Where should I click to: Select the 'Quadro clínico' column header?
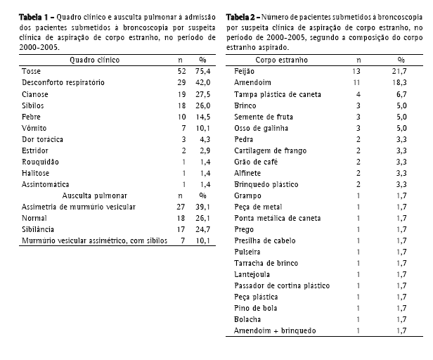93,60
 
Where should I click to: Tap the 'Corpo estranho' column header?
280,60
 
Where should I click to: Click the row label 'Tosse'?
32,72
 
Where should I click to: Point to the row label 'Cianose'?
35,94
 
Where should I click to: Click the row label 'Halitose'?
36,173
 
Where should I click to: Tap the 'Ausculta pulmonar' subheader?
93,195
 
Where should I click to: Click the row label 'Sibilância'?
39,229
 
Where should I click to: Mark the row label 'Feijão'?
245,72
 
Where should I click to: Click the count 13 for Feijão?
358,72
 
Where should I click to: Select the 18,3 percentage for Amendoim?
401,83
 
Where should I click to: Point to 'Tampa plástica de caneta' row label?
274,94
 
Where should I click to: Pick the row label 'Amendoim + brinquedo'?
275,330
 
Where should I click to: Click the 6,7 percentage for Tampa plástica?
401,94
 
